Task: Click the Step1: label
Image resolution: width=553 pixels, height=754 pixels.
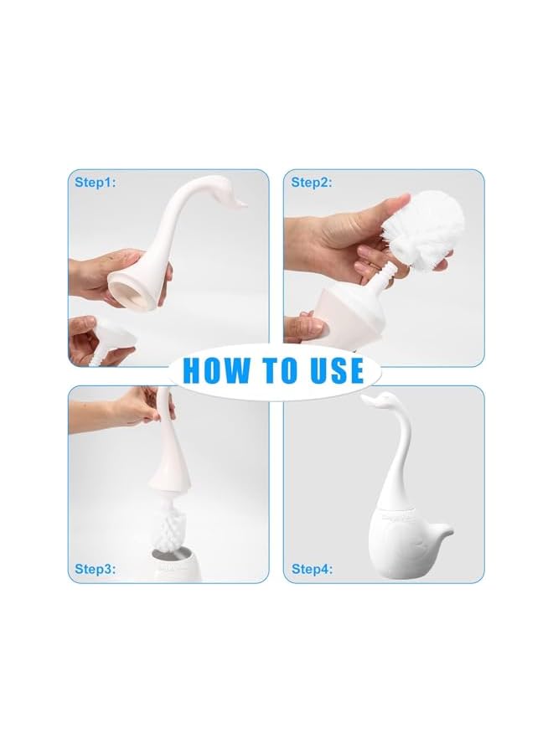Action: pyautogui.click(x=96, y=182)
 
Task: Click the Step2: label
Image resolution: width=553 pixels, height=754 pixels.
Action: pyautogui.click(x=312, y=182)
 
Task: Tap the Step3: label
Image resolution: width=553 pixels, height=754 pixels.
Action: pyautogui.click(x=96, y=570)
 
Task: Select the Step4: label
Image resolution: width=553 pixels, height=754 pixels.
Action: pyautogui.click(x=312, y=570)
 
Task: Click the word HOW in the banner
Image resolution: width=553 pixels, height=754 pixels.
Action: pyautogui.click(x=215, y=370)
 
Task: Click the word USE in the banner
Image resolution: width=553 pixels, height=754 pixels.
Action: pyautogui.click(x=332, y=370)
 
